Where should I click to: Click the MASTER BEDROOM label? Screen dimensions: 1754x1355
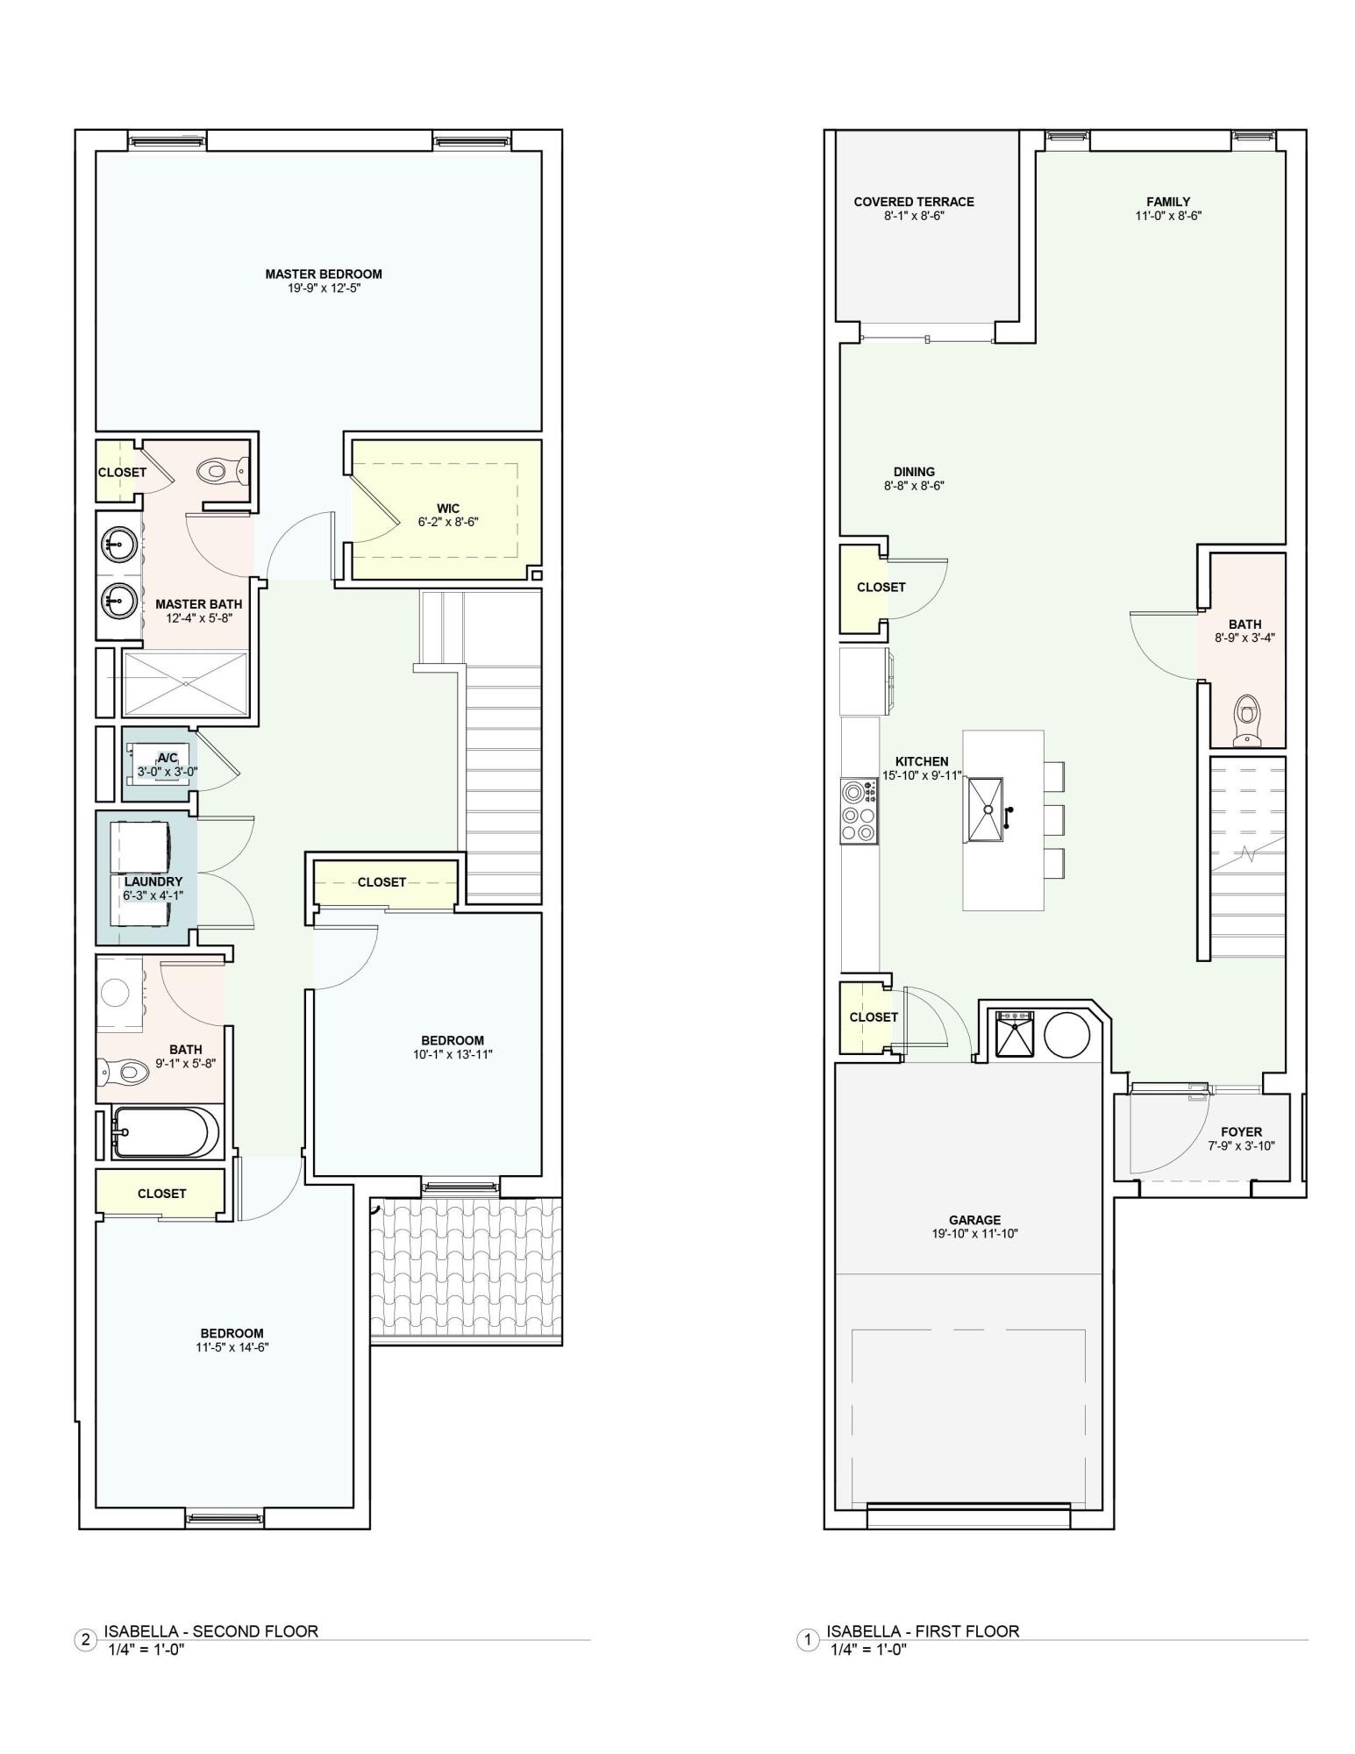click(324, 274)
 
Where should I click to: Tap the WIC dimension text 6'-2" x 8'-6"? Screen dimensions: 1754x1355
click(447, 522)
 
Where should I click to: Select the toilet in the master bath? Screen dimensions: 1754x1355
click(218, 471)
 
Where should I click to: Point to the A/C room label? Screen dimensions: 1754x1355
click(167, 758)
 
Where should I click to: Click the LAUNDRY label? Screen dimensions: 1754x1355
click(153, 881)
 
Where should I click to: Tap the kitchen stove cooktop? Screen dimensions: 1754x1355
click(859, 811)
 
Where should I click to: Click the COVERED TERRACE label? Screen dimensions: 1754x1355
click(914, 202)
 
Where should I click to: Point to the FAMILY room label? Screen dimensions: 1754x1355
click(1167, 202)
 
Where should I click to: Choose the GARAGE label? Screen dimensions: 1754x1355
click(974, 1220)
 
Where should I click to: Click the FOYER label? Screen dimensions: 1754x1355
click(1241, 1132)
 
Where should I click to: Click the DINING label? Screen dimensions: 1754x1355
click(914, 472)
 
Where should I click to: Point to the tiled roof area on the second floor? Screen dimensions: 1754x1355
click(466, 1269)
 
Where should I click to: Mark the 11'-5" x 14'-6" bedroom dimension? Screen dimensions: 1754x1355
click(232, 1347)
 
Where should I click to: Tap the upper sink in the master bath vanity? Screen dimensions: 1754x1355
click(118, 544)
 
